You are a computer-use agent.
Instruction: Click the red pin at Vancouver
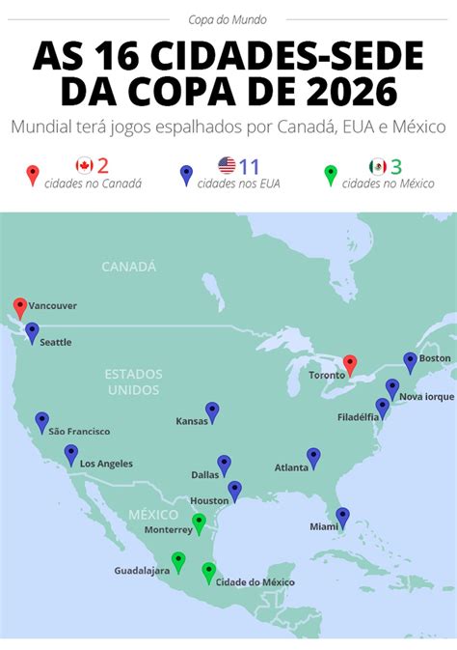point(20,308)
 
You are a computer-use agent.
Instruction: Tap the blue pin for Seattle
point(32,332)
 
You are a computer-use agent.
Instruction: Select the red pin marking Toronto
point(350,364)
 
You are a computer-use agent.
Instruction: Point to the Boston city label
point(435,358)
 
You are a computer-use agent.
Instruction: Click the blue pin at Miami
point(342,517)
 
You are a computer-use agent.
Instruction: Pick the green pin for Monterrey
point(199,523)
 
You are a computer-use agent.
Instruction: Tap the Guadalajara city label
point(142,570)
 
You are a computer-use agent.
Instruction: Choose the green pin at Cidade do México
point(208,572)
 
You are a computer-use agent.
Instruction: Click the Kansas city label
point(191,421)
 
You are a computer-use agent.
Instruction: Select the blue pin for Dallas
point(225,465)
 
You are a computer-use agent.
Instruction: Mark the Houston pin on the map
point(235,491)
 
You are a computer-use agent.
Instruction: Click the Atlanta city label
point(291,467)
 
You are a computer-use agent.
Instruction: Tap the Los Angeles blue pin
point(71,454)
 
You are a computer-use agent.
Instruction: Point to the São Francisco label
point(79,431)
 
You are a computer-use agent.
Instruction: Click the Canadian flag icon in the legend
point(84,165)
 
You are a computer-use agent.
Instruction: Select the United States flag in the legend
point(227,165)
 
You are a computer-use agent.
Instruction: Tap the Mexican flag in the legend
point(377,165)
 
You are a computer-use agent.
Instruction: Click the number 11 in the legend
point(250,165)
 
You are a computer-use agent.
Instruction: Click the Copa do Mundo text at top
point(228,18)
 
